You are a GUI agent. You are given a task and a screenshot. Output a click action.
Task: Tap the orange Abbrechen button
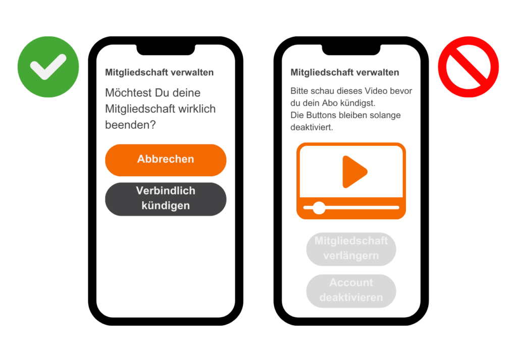tap(166, 160)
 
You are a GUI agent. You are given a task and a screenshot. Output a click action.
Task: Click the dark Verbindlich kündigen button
tap(166, 199)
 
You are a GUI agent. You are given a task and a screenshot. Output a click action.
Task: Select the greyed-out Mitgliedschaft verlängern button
tap(351, 248)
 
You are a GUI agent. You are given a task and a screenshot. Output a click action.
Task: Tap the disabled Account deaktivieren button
tap(351, 290)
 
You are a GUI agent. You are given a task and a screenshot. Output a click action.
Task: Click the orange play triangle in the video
tap(353, 172)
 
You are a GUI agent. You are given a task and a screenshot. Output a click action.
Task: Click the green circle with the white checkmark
tap(48, 67)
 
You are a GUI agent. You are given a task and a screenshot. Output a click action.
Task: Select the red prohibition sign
tap(468, 67)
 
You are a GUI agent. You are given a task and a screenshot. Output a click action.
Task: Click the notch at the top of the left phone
tap(166, 50)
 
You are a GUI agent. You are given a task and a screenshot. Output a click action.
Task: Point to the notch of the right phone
tap(351, 50)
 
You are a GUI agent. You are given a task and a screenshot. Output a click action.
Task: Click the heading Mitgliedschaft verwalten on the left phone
tap(160, 73)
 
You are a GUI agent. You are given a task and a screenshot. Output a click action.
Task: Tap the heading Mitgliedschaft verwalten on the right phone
tap(345, 73)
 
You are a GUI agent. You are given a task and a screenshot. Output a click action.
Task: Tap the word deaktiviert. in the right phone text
tap(312, 127)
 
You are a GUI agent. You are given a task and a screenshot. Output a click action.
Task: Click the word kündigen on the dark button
tap(166, 206)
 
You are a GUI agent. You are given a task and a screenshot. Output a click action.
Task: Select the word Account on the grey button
tap(351, 283)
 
